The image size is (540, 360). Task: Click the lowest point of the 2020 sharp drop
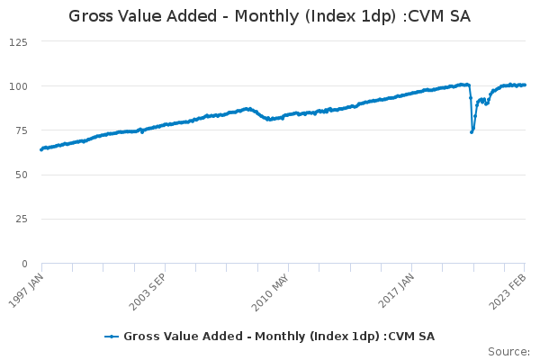click(x=472, y=132)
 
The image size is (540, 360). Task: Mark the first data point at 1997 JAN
click(x=41, y=149)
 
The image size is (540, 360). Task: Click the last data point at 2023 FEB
click(x=525, y=85)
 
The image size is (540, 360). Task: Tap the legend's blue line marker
click(x=112, y=337)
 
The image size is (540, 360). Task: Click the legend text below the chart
click(x=279, y=337)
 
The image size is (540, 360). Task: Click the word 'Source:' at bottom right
click(x=508, y=351)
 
